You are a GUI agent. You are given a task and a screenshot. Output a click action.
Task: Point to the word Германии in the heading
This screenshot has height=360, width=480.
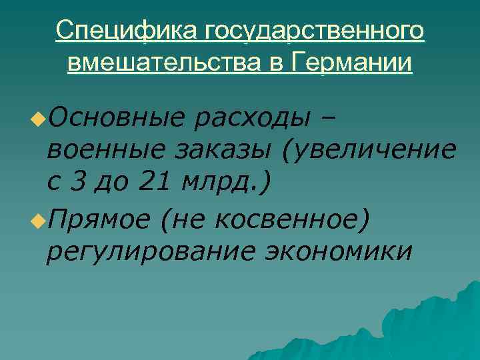click(352, 63)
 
